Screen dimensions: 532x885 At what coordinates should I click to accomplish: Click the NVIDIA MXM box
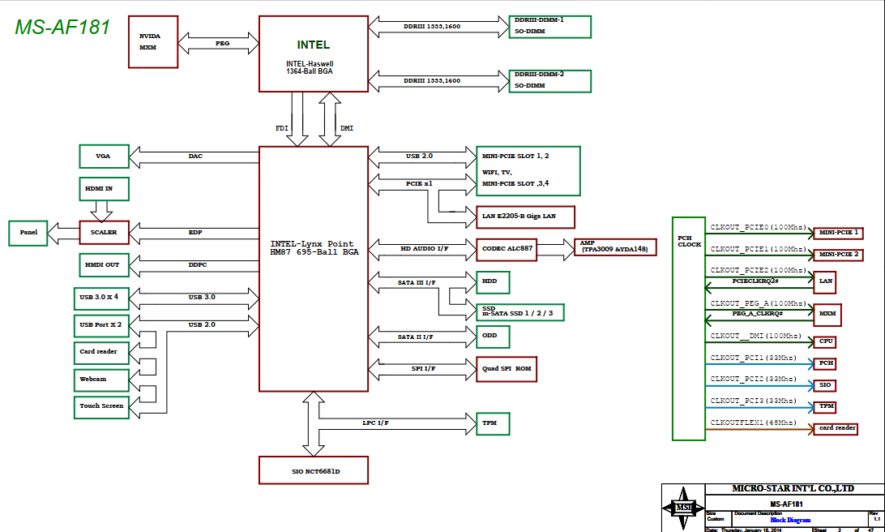click(x=152, y=41)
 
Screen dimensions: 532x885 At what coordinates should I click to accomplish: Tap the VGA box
click(x=104, y=156)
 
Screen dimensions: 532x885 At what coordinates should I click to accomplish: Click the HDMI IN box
click(x=104, y=188)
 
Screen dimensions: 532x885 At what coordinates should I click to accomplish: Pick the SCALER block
click(x=104, y=233)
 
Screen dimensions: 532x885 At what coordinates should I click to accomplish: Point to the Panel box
click(x=28, y=233)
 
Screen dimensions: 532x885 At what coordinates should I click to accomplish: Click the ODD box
click(x=492, y=336)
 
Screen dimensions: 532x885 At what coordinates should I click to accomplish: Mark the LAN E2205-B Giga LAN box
click(x=525, y=217)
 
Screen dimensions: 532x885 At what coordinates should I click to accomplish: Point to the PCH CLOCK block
click(x=689, y=328)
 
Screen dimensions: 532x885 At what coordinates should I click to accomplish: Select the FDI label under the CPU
click(x=281, y=128)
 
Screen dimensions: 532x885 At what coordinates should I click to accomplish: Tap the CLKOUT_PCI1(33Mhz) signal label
click(x=753, y=358)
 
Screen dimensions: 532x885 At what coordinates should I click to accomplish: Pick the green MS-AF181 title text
click(x=62, y=27)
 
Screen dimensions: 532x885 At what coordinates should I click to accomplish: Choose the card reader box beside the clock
click(x=837, y=428)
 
